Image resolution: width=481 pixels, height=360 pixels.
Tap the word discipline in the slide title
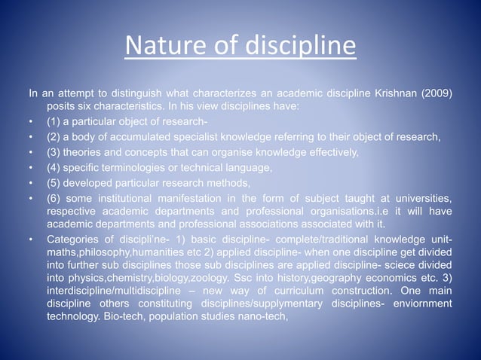(x=291, y=47)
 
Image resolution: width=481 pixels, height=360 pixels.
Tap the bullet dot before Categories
(x=31, y=241)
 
